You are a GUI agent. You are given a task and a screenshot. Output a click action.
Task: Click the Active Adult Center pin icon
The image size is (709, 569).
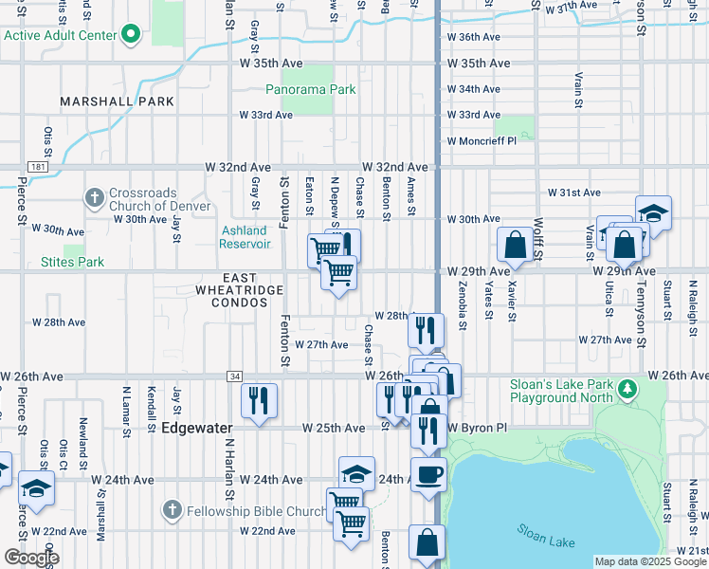(132, 36)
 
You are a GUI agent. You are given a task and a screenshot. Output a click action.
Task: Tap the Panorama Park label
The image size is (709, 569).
(310, 90)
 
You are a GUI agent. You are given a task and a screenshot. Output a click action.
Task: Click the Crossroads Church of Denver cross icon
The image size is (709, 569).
(94, 198)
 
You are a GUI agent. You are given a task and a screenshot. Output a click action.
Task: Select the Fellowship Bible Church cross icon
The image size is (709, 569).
(172, 511)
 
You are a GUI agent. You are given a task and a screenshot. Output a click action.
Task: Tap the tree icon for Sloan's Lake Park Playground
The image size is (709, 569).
(627, 388)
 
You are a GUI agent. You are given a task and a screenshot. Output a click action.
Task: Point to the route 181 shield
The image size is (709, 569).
(37, 167)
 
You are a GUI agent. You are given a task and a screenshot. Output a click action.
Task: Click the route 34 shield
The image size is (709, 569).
(233, 376)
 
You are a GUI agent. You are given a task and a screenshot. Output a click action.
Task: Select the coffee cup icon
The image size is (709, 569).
(427, 473)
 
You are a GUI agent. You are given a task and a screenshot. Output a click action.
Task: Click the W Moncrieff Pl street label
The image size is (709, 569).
(482, 140)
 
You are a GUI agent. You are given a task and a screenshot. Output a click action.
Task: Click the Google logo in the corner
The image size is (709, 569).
(31, 558)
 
